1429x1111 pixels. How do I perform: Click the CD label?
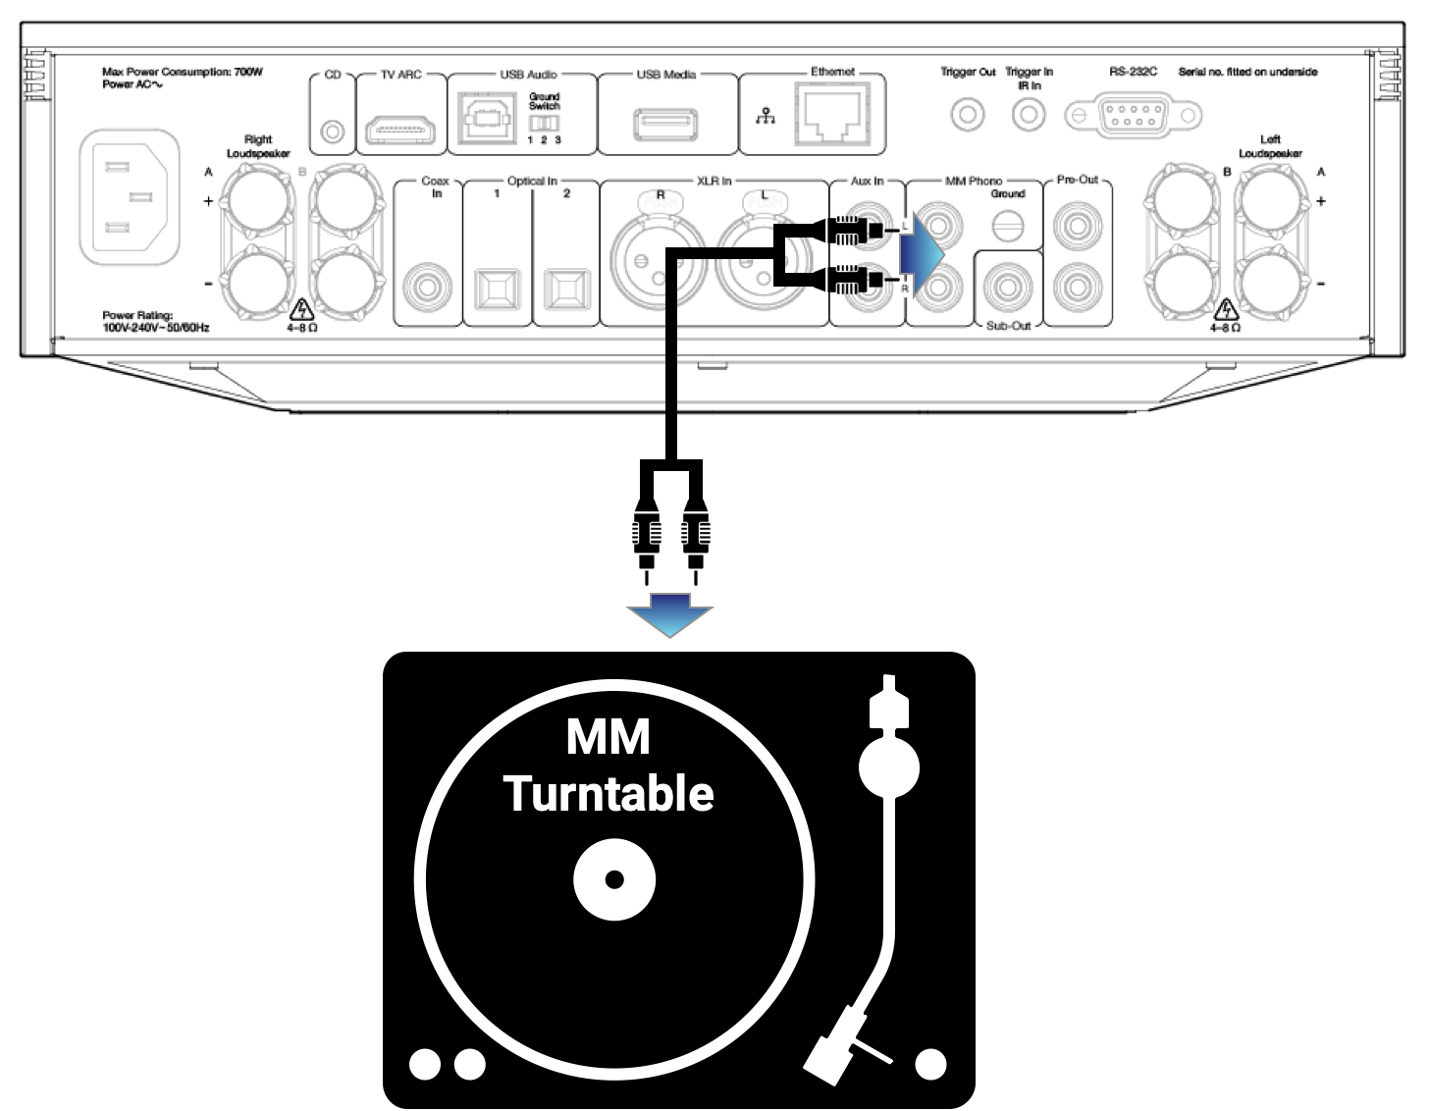333,75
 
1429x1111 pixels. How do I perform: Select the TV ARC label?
401,75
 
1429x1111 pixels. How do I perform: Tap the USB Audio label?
528,75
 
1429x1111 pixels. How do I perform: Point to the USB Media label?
666,75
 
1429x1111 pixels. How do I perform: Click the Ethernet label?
833,73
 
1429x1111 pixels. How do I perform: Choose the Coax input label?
435,182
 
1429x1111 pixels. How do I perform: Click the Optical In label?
532,182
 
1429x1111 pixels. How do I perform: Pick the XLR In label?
714,182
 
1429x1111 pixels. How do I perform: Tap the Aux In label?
867,182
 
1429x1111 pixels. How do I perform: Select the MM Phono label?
974,182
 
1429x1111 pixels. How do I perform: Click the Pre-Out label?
1078,181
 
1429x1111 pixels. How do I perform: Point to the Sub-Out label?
1009,325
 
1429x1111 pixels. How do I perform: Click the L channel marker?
905,226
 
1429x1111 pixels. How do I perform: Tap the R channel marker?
905,289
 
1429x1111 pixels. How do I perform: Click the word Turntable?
609,794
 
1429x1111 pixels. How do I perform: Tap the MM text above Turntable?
609,738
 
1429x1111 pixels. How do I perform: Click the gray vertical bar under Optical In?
548,236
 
